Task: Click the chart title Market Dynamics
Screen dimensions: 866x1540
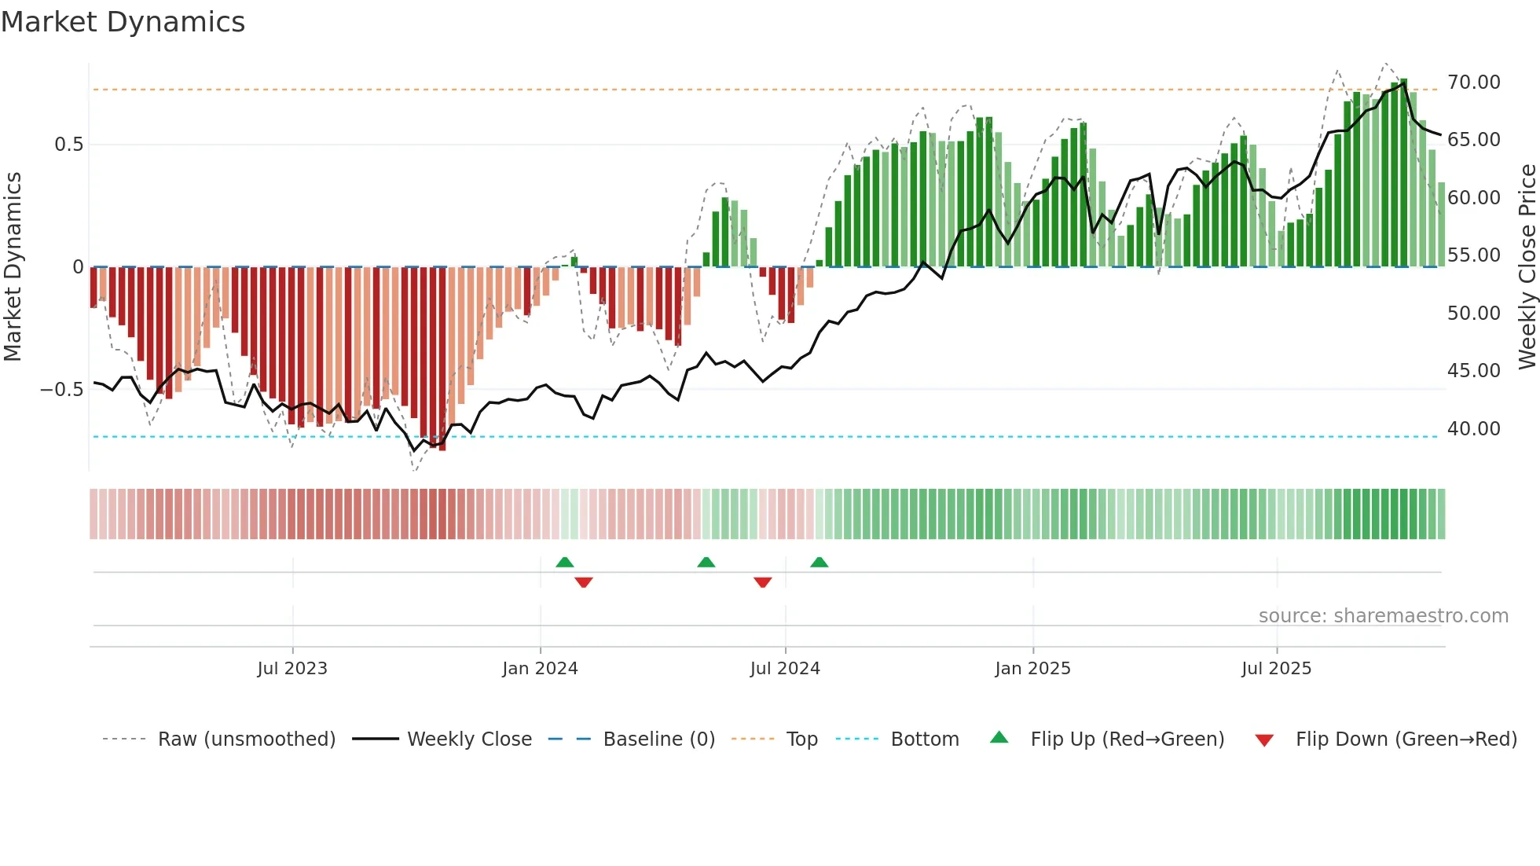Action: point(123,22)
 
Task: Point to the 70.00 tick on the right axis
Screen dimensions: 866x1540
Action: point(1473,83)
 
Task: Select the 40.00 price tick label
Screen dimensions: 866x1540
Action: point(1473,429)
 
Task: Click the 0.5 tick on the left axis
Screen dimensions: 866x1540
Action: point(68,145)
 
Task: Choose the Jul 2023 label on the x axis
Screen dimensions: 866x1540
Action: point(292,669)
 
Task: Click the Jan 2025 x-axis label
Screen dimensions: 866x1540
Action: point(1032,669)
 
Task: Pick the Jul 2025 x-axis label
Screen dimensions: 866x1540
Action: point(1276,669)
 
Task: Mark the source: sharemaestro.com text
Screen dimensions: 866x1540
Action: point(1383,616)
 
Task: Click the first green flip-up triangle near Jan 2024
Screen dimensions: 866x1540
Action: point(564,562)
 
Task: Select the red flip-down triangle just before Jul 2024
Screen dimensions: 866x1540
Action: point(762,582)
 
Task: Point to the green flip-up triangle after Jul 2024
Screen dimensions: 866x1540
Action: point(819,562)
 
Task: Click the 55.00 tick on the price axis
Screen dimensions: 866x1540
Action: point(1473,255)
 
